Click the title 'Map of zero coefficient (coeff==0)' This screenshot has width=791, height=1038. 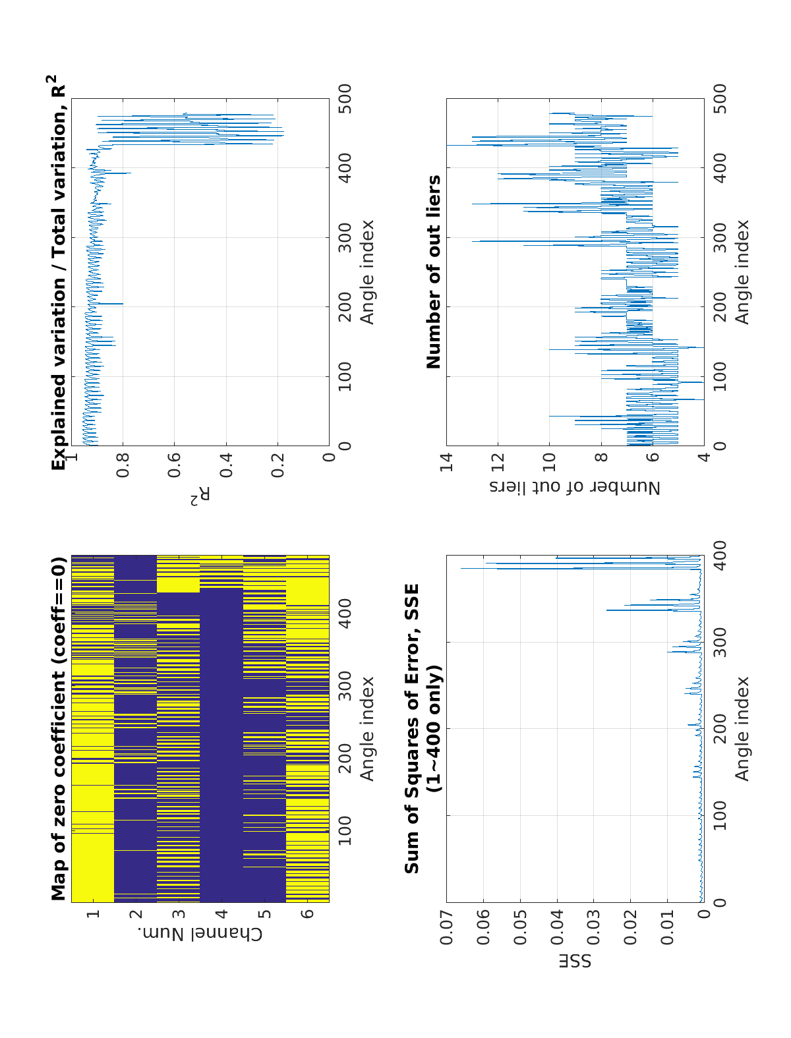(x=59, y=729)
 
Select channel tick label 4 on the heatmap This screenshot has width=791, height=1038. (x=221, y=913)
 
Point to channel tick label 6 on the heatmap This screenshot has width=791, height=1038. (x=307, y=913)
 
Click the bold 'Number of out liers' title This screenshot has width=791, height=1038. (x=434, y=272)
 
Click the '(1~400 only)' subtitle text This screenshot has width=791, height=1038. (x=434, y=729)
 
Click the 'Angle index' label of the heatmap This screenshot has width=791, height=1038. (x=366, y=729)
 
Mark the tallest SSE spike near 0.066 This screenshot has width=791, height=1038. (x=461, y=568)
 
